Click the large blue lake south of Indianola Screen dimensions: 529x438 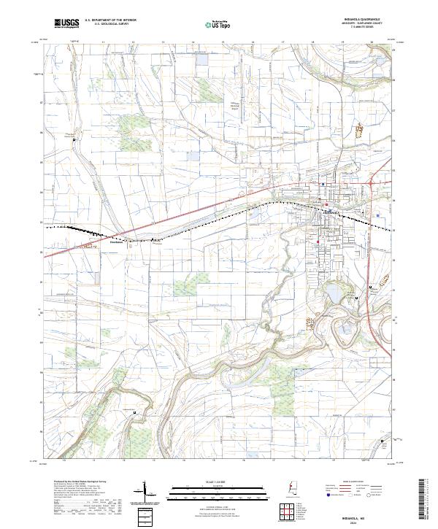[x=331, y=294]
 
